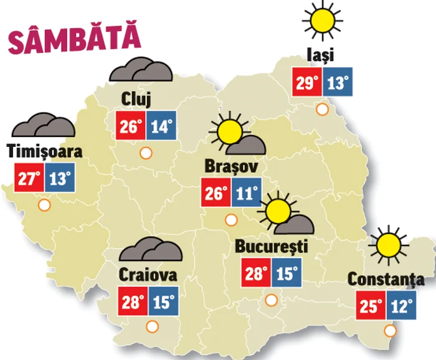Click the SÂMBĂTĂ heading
point(73,39)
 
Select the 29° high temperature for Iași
point(308,82)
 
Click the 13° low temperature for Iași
point(338,82)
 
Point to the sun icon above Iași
point(323,19)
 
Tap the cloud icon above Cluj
point(141,70)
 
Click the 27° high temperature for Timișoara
point(28,179)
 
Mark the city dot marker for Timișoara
point(44,204)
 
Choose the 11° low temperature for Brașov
point(247,194)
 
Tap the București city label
point(272,246)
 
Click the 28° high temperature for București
point(256,272)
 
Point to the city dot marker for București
point(271,300)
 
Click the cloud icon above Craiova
point(151,250)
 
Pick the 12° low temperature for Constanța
point(404,306)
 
